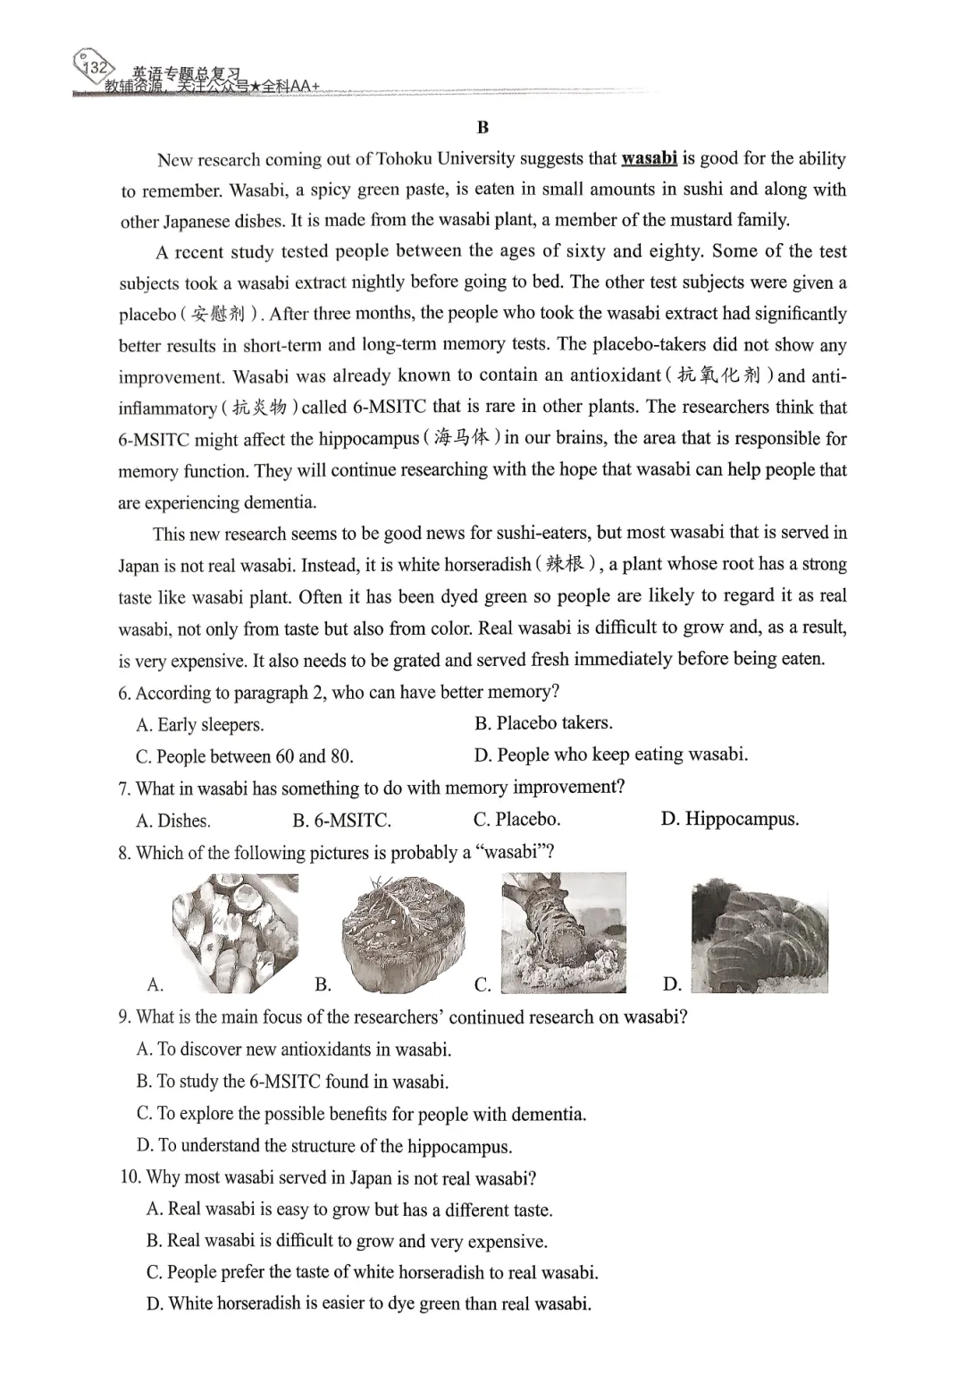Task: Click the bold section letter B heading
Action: [x=482, y=128]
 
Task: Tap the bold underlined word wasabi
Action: [x=649, y=159]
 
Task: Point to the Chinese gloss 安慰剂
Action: [x=218, y=314]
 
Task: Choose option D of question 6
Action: [x=610, y=754]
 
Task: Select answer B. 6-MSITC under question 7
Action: [x=341, y=821]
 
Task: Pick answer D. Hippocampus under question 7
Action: [x=729, y=819]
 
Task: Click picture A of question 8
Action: [x=235, y=933]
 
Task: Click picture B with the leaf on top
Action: [x=403, y=933]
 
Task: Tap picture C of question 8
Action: [x=563, y=933]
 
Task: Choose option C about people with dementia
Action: [x=361, y=1114]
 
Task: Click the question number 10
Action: [x=130, y=1177]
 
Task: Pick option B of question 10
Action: [x=347, y=1241]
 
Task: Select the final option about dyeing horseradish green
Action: [x=368, y=1303]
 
